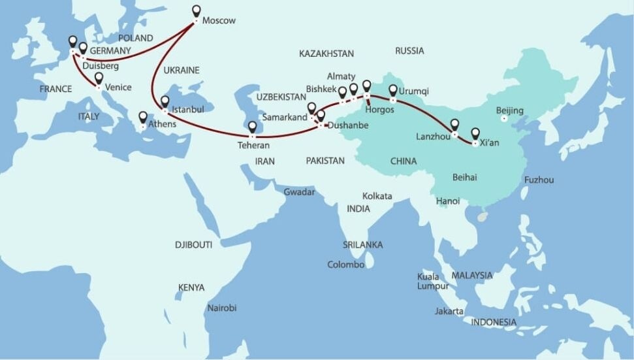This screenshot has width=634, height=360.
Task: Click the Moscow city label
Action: click(219, 21)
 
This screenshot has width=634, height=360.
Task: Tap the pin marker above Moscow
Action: click(197, 11)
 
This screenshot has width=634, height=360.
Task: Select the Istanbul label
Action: click(187, 109)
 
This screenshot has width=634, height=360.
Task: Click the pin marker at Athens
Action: click(143, 118)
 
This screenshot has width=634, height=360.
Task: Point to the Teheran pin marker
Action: click(253, 127)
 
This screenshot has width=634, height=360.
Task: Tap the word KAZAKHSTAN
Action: click(326, 54)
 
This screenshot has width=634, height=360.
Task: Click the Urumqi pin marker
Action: click(393, 91)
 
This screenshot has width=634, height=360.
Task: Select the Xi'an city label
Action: click(489, 143)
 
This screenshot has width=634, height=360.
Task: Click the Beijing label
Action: click(510, 110)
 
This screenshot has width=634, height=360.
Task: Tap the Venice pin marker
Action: click(99, 78)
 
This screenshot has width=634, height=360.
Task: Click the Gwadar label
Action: click(299, 192)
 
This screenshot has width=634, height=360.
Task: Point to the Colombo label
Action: click(345, 265)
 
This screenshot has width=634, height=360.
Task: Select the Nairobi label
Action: click(221, 308)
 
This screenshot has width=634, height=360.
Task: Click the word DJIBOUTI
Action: click(194, 245)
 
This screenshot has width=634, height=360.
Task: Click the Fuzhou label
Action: click(539, 180)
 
